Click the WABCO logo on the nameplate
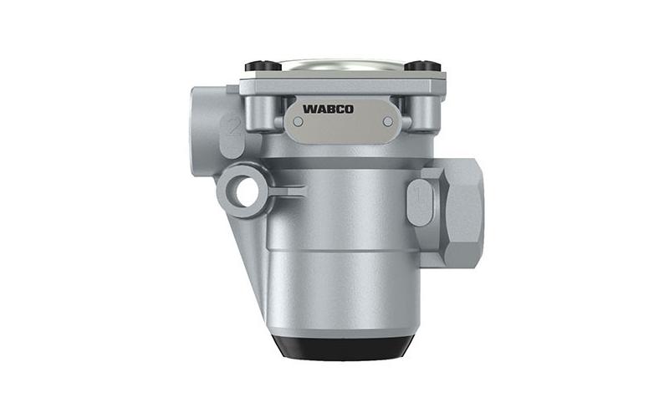click(328, 109)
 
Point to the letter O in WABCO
click(349, 109)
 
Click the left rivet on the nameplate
click(299, 122)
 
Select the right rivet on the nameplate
click(388, 122)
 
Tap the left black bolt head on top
click(263, 66)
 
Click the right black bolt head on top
click(422, 66)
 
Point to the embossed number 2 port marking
click(233, 128)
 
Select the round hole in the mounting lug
click(248, 191)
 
